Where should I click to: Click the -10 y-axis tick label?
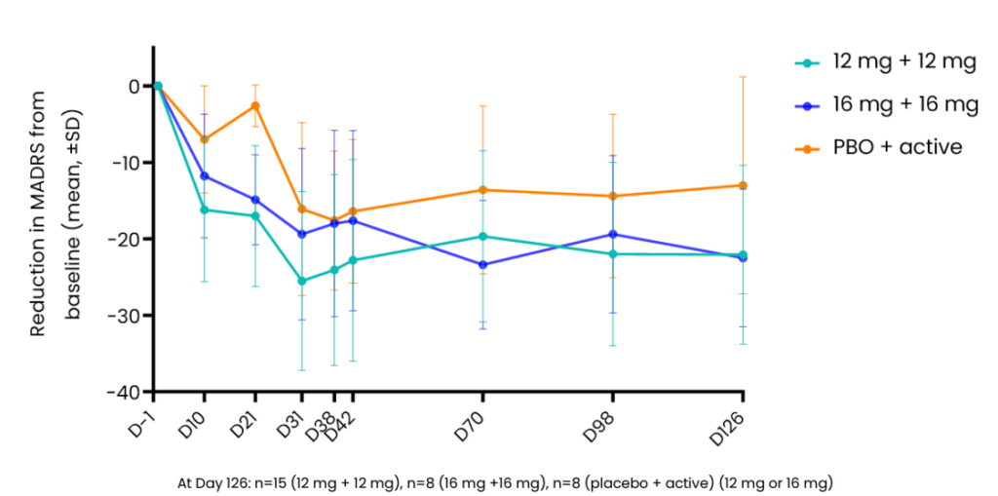click(127, 163)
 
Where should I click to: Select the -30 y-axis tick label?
click(127, 316)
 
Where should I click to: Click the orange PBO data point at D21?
click(255, 105)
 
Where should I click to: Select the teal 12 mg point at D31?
click(302, 281)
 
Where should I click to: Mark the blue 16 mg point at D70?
click(483, 264)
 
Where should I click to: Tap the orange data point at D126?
click(743, 185)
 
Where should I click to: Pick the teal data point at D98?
click(613, 253)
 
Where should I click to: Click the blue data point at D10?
click(205, 175)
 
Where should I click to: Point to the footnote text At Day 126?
click(505, 482)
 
